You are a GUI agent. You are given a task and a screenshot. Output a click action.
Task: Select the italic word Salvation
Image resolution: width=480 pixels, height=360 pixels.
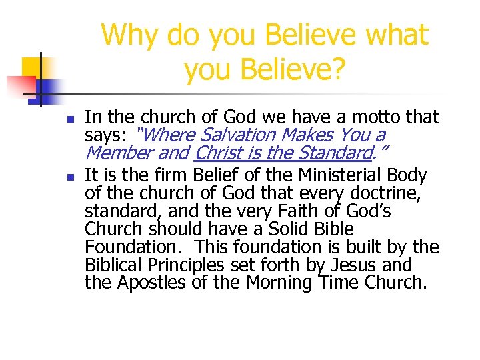238,136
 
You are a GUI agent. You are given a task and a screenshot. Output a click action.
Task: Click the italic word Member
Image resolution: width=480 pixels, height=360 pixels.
114,154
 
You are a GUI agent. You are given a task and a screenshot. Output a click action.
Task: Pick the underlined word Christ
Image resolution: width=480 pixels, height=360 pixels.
218,154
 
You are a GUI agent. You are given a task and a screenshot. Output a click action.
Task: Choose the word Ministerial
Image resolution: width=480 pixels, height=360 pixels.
341,176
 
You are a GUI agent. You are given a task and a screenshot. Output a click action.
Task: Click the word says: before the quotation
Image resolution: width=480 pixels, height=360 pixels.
106,136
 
